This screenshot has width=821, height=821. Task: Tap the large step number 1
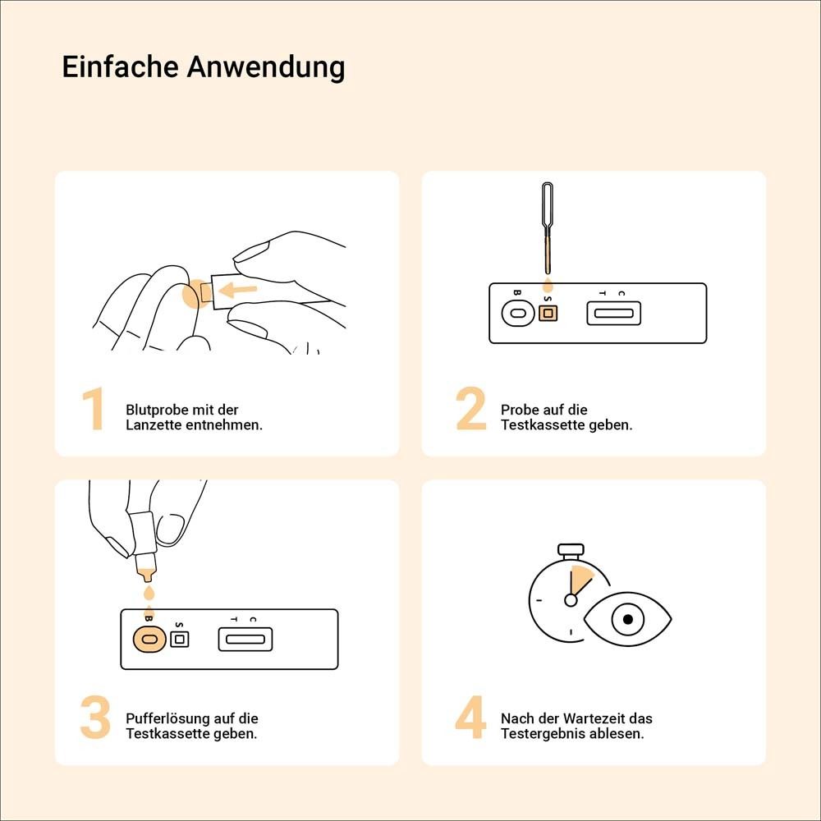click(x=94, y=410)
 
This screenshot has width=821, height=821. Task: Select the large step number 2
click(x=471, y=410)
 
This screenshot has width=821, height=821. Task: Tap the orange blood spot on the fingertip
click(x=191, y=294)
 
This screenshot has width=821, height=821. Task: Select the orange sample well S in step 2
click(x=548, y=314)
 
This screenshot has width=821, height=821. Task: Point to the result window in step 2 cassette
click(x=613, y=313)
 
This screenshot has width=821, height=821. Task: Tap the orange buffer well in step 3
click(x=149, y=639)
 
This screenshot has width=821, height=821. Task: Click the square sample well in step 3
click(x=179, y=639)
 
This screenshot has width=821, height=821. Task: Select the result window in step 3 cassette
click(x=245, y=639)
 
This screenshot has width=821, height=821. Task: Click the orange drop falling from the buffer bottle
click(x=148, y=593)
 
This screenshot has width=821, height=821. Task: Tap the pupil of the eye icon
click(x=628, y=620)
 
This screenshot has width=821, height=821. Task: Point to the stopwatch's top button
click(x=570, y=548)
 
